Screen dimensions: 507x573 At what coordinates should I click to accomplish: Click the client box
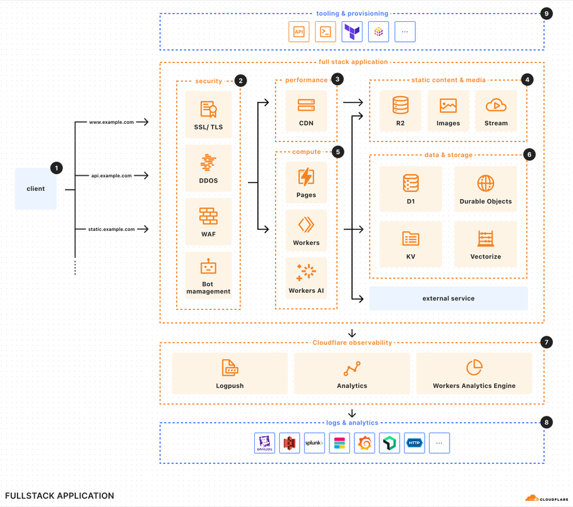click(x=36, y=188)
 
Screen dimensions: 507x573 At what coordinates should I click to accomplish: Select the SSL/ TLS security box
click(x=209, y=115)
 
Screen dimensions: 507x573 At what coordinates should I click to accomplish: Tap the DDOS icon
click(x=209, y=163)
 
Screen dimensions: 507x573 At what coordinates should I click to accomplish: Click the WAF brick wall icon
click(x=209, y=216)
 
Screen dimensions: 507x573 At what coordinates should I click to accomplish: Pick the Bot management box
click(x=209, y=275)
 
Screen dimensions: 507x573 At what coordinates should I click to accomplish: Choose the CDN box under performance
click(x=306, y=111)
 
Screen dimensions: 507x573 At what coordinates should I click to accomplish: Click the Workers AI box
click(x=306, y=278)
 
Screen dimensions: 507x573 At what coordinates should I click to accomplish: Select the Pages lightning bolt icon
click(x=306, y=177)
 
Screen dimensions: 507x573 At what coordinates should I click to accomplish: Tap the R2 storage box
click(x=400, y=111)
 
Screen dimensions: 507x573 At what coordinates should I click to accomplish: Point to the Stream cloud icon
click(x=496, y=105)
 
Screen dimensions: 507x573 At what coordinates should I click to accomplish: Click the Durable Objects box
click(x=485, y=188)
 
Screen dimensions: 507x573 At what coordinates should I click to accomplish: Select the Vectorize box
click(x=485, y=243)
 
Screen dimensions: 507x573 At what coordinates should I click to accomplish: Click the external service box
click(x=448, y=299)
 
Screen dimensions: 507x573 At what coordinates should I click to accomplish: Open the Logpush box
click(x=230, y=374)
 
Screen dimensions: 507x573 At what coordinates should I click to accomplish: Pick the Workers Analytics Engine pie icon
click(x=474, y=367)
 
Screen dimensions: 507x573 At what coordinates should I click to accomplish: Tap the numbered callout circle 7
click(x=547, y=342)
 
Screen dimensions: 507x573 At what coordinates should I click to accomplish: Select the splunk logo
click(x=314, y=443)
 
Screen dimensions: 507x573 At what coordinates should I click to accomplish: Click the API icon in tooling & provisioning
click(x=299, y=32)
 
